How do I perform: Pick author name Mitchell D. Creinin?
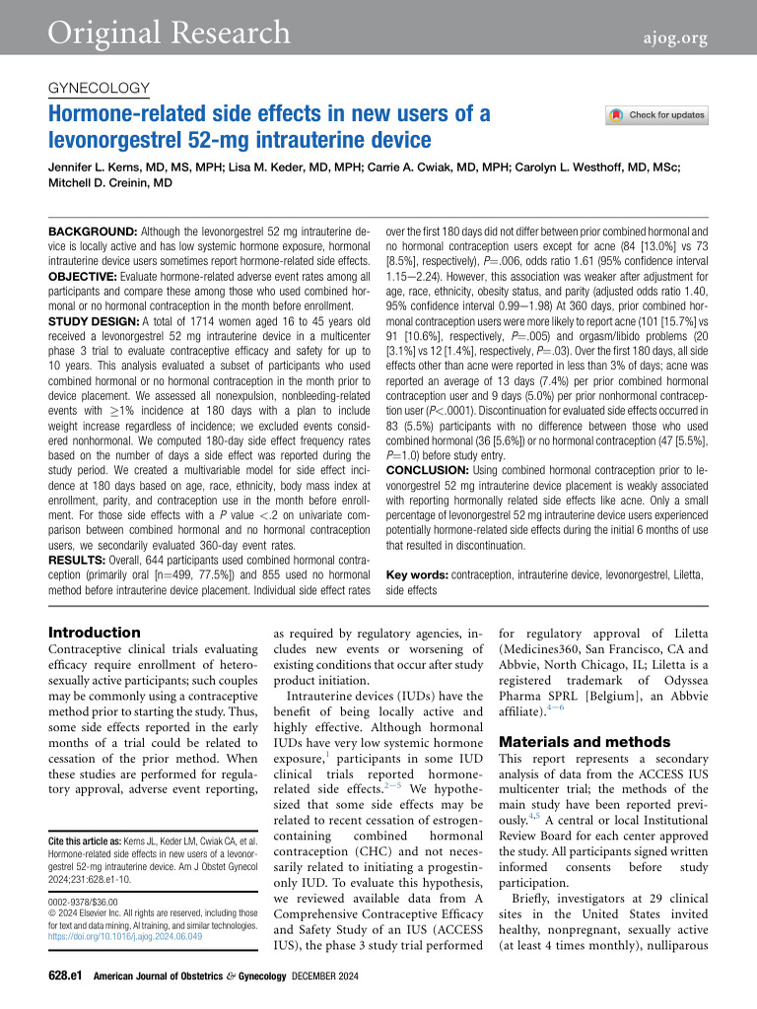pyautogui.click(x=110, y=183)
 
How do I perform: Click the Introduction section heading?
pyautogui.click(x=95, y=633)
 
